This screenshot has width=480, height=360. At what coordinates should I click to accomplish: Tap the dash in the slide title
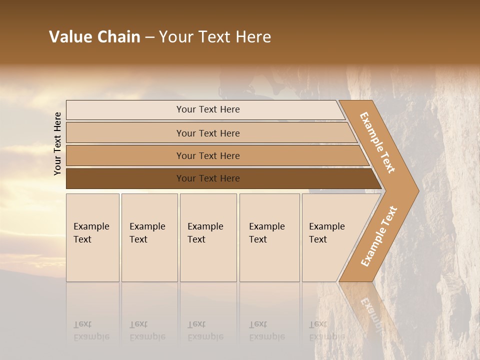pyautogui.click(x=149, y=37)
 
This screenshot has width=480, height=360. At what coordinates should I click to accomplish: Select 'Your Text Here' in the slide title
pyautogui.click(x=215, y=37)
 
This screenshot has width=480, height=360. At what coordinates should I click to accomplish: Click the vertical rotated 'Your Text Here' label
pyautogui.click(x=57, y=143)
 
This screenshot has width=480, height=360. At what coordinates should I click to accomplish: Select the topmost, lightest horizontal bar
pyautogui.click(x=207, y=109)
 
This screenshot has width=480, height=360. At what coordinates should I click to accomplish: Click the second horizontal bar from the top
pyautogui.click(x=207, y=133)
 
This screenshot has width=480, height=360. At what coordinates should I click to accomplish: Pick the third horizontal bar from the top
pyautogui.click(x=207, y=155)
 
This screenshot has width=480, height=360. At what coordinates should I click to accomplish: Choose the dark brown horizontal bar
pyautogui.click(x=207, y=178)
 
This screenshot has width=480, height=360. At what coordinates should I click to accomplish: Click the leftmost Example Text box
pyautogui.click(x=92, y=237)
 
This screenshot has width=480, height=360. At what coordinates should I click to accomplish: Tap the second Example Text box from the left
pyautogui.click(x=149, y=237)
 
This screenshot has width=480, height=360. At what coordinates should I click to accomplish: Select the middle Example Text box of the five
pyautogui.click(x=208, y=237)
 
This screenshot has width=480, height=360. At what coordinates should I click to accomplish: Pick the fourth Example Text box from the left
pyautogui.click(x=269, y=237)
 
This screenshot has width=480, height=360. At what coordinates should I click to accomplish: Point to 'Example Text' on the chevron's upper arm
pyautogui.click(x=377, y=142)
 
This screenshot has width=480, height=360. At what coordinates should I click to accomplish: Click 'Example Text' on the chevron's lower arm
pyautogui.click(x=379, y=236)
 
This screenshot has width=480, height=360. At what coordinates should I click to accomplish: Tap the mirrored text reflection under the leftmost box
pyautogui.click(x=91, y=330)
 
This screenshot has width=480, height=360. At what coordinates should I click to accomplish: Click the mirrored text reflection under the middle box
pyautogui.click(x=205, y=330)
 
